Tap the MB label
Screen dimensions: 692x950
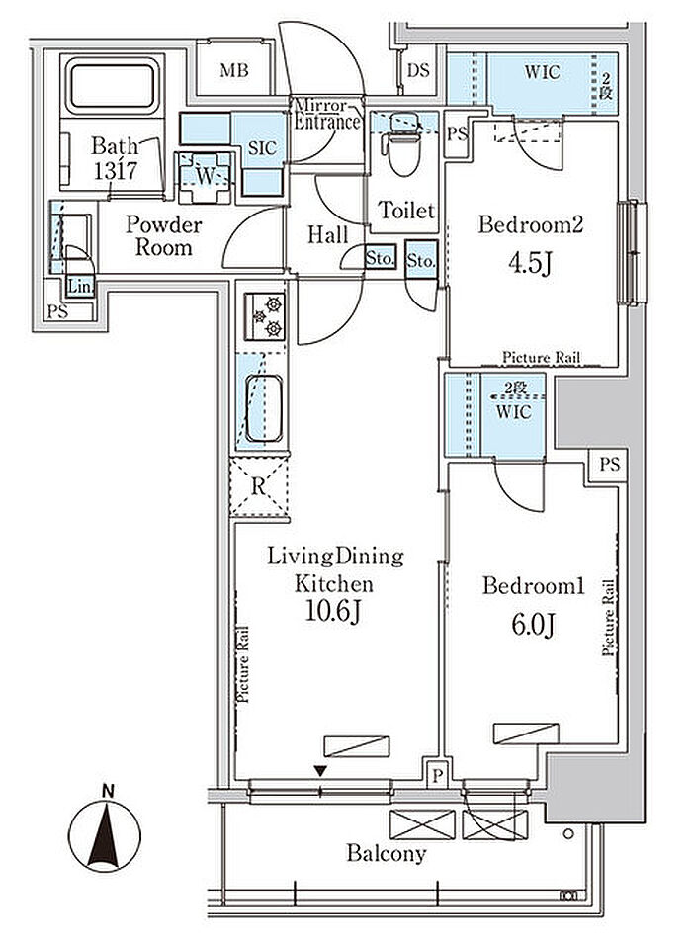[x=234, y=71]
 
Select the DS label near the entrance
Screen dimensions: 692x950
[x=418, y=70]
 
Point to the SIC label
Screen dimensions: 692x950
[x=262, y=148]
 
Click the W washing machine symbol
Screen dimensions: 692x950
[x=205, y=176]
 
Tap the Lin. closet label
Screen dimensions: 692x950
[x=80, y=286]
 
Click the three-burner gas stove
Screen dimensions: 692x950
[x=264, y=316]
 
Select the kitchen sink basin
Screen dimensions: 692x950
[x=264, y=408]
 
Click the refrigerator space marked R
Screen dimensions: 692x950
[x=259, y=486]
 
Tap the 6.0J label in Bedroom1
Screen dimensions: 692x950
[x=533, y=625]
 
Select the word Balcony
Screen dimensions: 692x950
[x=386, y=854]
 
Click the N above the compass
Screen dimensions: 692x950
[x=108, y=791]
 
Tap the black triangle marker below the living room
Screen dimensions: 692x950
[x=320, y=771]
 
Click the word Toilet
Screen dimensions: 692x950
[x=406, y=211]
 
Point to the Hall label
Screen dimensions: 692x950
[x=327, y=235]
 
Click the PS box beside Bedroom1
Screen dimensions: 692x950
[x=610, y=464]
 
